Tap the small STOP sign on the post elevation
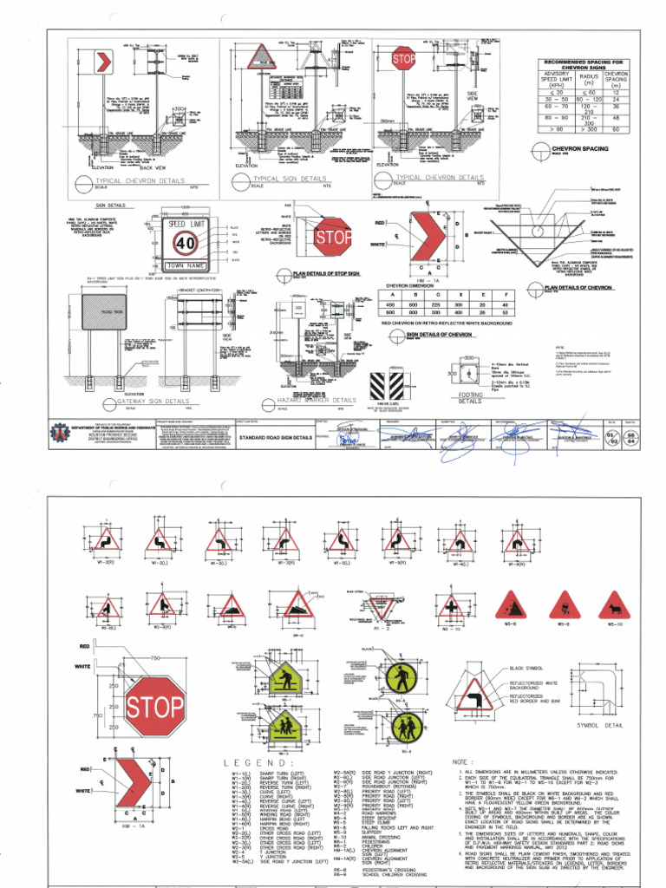[404, 59]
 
